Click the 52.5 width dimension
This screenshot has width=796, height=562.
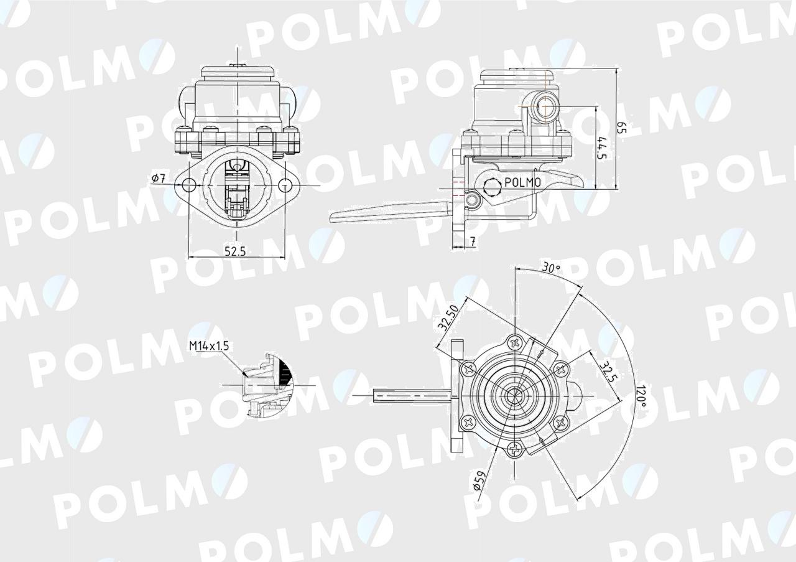(236, 251)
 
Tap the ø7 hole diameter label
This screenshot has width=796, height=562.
(158, 179)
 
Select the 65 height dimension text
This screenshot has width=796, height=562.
(621, 128)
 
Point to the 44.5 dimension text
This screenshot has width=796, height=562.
(601, 148)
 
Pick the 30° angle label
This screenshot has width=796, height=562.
(551, 268)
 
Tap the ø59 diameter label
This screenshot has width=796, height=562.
(479, 481)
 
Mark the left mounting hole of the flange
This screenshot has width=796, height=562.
(188, 185)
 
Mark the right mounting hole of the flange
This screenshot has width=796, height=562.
(284, 185)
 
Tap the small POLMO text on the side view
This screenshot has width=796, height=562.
(522, 182)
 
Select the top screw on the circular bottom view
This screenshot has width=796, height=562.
(516, 342)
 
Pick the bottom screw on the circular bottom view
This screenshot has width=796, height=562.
(516, 449)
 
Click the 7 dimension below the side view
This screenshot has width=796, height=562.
(473, 241)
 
